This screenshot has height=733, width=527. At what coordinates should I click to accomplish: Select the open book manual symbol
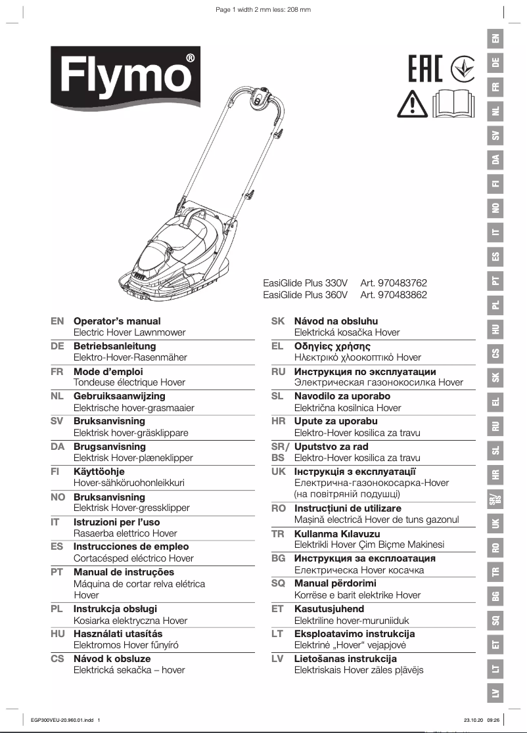(454, 103)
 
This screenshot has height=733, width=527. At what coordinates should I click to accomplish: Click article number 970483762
(394, 282)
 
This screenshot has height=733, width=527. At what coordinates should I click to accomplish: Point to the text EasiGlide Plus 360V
(305, 295)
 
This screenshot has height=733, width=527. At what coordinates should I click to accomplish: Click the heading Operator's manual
(117, 321)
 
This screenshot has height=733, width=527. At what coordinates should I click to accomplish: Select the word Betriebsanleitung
(114, 346)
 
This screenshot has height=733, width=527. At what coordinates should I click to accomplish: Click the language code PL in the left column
(57, 609)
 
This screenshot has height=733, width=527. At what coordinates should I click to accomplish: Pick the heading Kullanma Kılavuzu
(337, 534)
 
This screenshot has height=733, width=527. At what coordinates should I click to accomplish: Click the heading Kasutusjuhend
(329, 609)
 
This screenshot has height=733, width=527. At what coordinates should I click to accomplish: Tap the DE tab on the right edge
(496, 62)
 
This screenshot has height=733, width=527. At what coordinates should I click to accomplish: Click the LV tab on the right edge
(496, 694)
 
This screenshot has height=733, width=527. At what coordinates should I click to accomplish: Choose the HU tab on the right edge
(496, 329)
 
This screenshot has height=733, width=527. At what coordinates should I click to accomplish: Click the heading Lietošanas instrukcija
(345, 659)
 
